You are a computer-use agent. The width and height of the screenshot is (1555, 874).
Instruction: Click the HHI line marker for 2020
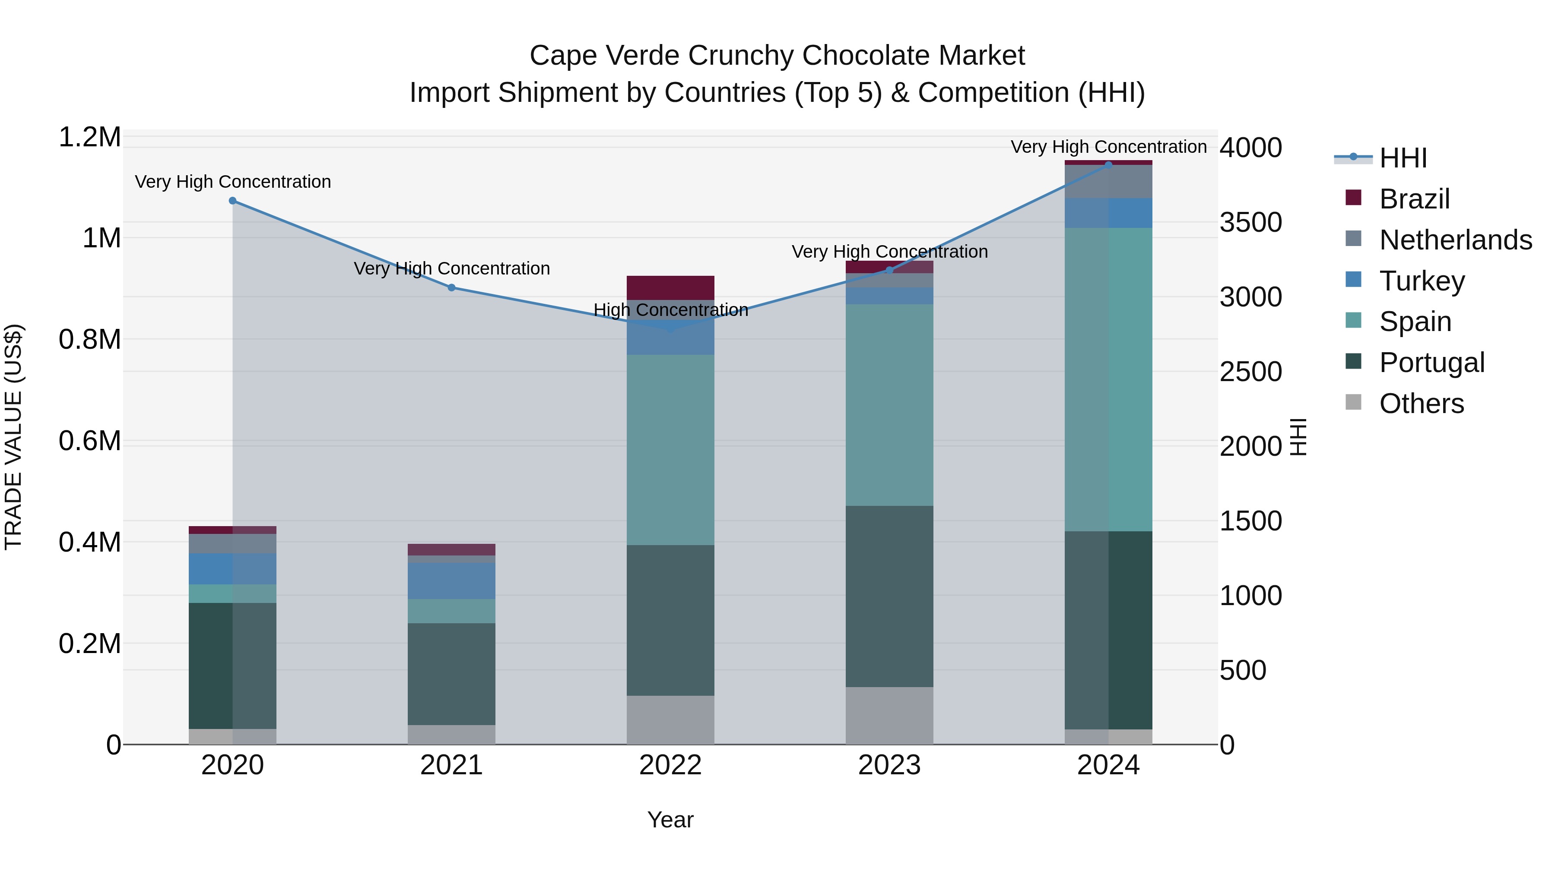pos(232,200)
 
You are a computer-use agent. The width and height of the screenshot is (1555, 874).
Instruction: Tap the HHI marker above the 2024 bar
pos(1108,165)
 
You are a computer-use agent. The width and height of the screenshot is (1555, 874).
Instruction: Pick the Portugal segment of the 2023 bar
pos(889,596)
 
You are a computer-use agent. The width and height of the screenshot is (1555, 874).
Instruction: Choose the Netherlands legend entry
pos(1455,240)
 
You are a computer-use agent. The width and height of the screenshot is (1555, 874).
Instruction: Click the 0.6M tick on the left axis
pos(89,441)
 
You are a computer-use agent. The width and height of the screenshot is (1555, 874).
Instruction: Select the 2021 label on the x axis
pos(451,765)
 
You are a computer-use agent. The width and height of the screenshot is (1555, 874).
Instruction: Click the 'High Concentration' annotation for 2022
pos(671,309)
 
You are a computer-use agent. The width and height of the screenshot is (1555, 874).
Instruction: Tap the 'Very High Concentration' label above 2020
pos(232,182)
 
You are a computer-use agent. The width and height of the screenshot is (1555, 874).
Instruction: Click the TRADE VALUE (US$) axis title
pos(13,437)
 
